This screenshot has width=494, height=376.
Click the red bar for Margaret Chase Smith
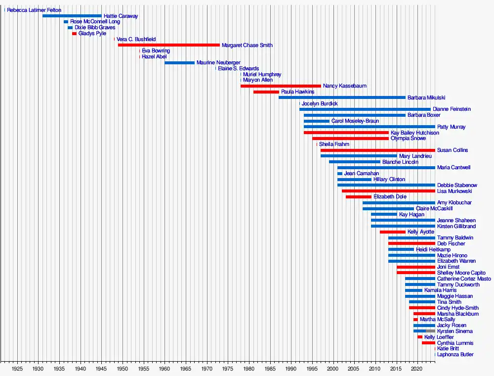point(169,45)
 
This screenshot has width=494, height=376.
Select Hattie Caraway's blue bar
point(72,16)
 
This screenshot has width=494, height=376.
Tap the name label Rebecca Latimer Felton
point(34,10)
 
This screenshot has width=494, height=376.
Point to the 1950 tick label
point(123,369)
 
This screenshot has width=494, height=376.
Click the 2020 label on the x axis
point(417,369)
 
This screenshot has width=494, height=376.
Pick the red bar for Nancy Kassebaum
point(281,86)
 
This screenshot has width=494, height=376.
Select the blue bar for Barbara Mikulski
point(342,97)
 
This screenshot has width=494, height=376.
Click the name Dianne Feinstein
point(452,109)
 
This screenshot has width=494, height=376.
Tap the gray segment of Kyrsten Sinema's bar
point(430,331)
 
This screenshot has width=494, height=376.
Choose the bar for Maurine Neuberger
point(179,63)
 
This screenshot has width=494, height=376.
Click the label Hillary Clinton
point(389,180)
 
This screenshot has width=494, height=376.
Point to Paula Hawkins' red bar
point(266,92)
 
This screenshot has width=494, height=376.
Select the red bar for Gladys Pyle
point(74,34)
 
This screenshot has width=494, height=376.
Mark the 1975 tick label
point(228,369)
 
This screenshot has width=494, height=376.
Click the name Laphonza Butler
point(455,355)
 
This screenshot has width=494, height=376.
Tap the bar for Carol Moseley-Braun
point(317,121)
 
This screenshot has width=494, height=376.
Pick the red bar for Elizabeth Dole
point(359,197)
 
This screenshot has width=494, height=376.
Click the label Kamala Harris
point(441,290)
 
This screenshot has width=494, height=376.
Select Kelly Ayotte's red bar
point(393,232)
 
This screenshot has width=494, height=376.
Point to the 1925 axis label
point(17,369)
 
